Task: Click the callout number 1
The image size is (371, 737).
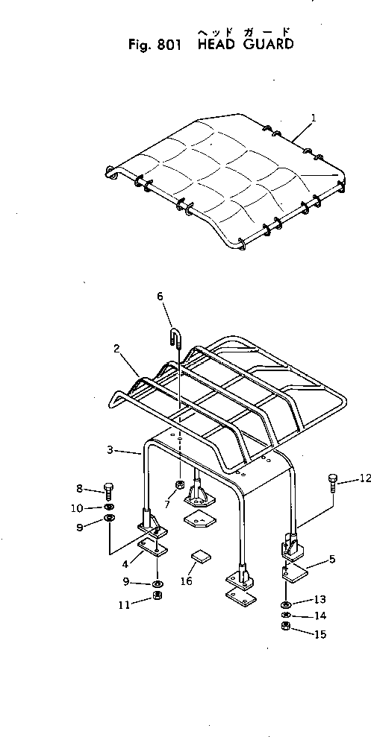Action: coord(314,118)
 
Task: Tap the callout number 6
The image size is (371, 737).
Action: coord(160,296)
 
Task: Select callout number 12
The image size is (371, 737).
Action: coord(365,478)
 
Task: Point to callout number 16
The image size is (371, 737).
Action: coord(187,581)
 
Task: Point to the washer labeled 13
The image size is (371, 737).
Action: coord(286,604)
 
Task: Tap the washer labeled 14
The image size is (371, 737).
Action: coord(285,616)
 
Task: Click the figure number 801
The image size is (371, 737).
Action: coord(166,45)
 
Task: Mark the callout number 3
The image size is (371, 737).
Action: coord(109,450)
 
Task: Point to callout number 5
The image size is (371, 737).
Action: coord(332,560)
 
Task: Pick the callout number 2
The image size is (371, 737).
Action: coord(116,349)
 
